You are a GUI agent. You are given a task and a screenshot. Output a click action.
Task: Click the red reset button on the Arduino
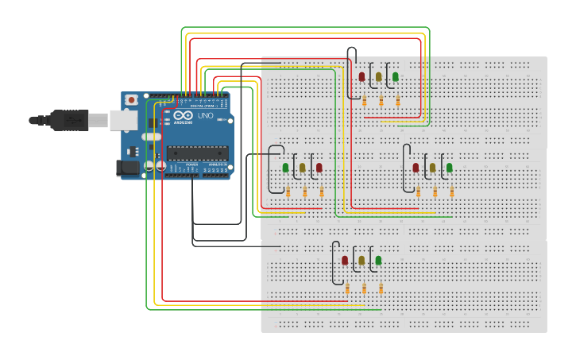click(131, 100)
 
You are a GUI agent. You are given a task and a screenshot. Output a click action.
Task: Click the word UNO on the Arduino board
click(205, 116)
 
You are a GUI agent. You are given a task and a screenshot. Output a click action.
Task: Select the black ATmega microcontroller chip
click(197, 153)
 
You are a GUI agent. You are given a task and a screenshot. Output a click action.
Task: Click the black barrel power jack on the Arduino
click(128, 168)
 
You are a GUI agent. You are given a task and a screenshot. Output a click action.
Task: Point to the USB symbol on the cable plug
click(69, 120)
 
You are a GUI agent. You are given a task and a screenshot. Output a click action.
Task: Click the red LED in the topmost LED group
click(362, 77)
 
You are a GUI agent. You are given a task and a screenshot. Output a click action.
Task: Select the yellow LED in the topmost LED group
click(379, 77)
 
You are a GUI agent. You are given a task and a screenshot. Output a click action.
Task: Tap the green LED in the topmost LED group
click(396, 77)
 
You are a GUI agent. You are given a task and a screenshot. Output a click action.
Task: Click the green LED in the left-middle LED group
click(286, 168)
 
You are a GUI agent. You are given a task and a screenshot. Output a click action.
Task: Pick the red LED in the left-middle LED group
click(319, 168)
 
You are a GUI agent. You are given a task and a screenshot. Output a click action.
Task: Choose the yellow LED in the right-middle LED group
click(432, 168)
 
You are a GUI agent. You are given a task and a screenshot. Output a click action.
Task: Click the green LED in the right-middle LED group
click(449, 168)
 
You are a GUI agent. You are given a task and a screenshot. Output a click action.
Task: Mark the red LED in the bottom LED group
click(345, 261)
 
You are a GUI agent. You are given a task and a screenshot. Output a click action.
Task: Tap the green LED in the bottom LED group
click(378, 261)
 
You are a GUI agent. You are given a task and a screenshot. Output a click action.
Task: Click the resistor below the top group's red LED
click(364, 101)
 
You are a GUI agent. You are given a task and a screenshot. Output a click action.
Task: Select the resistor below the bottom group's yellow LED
click(364, 288)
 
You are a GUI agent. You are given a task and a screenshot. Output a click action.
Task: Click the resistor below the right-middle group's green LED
click(452, 192)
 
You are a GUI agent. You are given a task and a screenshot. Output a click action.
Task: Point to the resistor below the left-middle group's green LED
click(288, 192)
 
